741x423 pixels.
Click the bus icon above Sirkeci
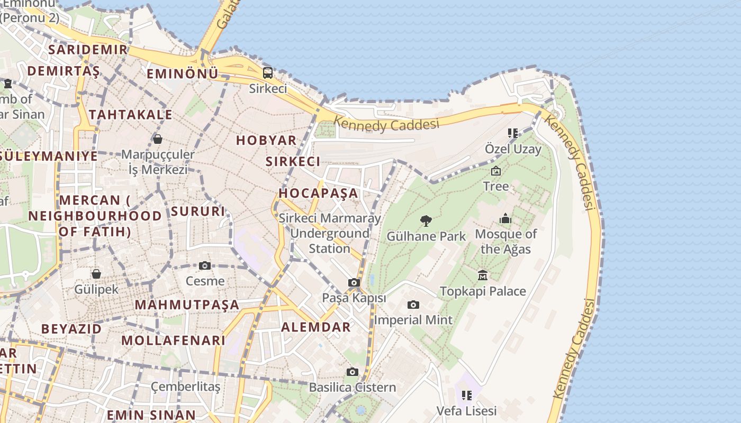[x=268, y=72]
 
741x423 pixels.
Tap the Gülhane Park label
[x=426, y=236]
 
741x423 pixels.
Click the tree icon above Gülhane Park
[x=426, y=221]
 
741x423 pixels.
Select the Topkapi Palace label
[x=483, y=291]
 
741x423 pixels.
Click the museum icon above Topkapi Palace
[x=483, y=275]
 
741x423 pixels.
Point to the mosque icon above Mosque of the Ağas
[x=505, y=218]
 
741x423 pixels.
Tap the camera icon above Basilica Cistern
[x=353, y=372]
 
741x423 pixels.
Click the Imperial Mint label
[x=413, y=320]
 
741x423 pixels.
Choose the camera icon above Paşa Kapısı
[x=354, y=283]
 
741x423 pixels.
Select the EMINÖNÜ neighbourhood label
[x=182, y=74]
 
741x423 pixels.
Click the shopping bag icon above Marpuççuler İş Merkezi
[x=157, y=139]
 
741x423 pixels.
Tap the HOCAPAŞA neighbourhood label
[x=319, y=193]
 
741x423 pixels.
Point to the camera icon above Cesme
[x=205, y=265]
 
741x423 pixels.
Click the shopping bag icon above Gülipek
[x=96, y=274]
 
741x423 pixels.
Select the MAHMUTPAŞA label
[x=187, y=305]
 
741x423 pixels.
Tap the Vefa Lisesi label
[x=466, y=411]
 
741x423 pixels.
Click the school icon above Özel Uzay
[x=512, y=133]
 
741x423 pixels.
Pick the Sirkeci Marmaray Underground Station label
[x=329, y=233]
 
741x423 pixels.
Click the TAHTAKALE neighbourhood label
[x=130, y=115]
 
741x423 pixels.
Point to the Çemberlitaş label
[x=185, y=387]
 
